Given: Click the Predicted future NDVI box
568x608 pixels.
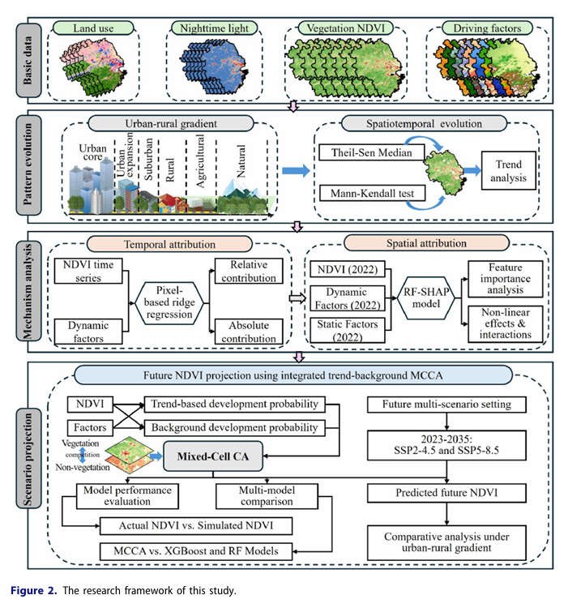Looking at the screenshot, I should [x=447, y=491].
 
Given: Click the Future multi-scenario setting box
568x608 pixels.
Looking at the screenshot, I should [x=447, y=403].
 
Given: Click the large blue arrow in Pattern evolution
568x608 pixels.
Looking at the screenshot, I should [x=297, y=170].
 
